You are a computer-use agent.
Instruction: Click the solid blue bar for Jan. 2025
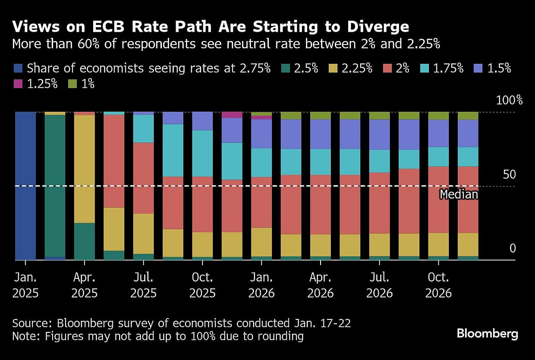[25, 185]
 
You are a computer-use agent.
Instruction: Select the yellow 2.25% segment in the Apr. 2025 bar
[84, 169]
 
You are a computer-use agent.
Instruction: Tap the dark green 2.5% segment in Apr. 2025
[84, 241]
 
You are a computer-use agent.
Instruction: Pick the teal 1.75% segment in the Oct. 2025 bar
[202, 153]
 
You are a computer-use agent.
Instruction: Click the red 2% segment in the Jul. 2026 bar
[379, 203]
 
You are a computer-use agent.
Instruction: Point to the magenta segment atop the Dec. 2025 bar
[232, 115]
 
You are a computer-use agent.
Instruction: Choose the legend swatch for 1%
[73, 83]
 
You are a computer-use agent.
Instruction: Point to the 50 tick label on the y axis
[509, 174]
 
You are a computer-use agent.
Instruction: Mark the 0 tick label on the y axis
[512, 248]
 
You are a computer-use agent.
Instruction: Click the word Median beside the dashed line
[458, 194]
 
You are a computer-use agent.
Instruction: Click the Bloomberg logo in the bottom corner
[487, 333]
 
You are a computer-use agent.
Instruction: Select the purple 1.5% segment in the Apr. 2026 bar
[320, 134]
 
